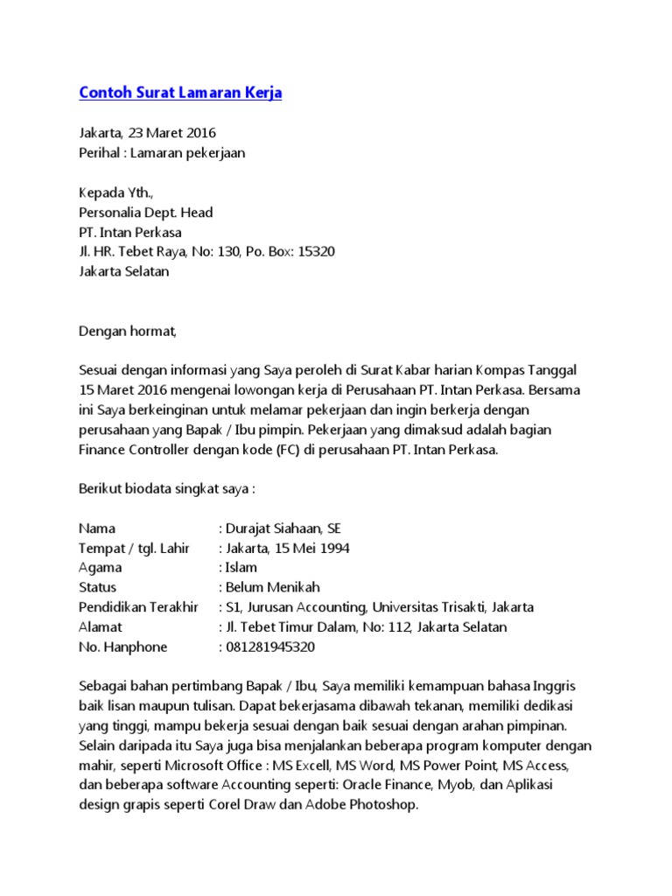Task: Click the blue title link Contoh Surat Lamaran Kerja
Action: click(180, 92)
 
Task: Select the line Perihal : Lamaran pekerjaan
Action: click(162, 153)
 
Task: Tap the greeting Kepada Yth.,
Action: click(115, 192)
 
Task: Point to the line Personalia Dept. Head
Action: click(145, 213)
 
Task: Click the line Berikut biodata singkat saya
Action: click(166, 488)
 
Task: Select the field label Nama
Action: click(97, 528)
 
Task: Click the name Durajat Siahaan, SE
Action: click(282, 528)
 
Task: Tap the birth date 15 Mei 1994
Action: click(307, 549)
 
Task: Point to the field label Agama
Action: click(101, 568)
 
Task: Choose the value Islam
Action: click(241, 568)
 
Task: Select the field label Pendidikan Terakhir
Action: click(138, 607)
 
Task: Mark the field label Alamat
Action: click(101, 627)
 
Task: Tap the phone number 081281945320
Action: click(269, 647)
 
